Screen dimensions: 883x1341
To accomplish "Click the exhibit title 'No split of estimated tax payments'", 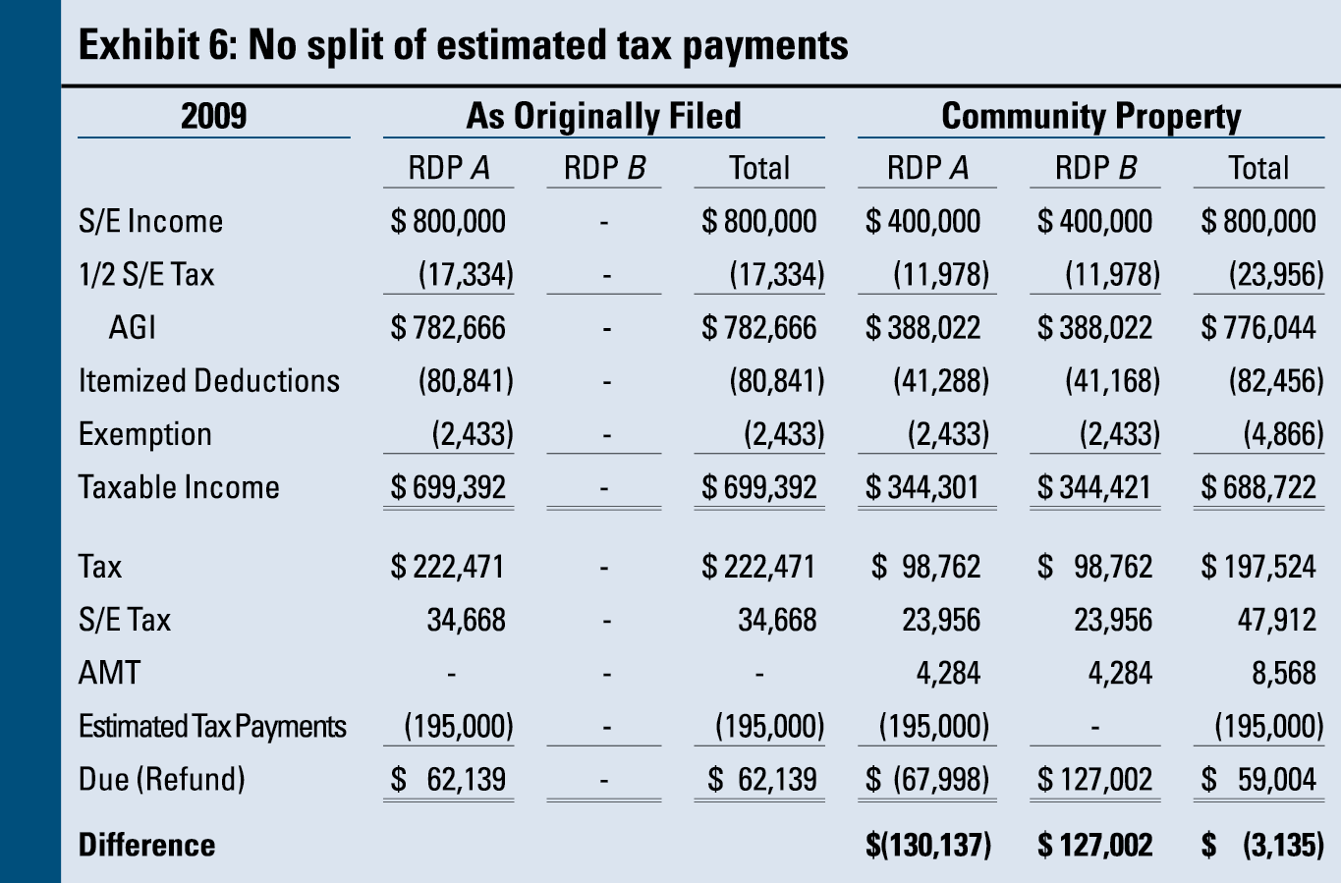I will pos(463,45).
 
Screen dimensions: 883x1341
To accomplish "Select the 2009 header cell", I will pos(213,116).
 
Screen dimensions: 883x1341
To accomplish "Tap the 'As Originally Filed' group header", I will pos(603,116).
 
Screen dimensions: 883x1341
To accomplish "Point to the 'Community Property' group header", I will pos(1090,116).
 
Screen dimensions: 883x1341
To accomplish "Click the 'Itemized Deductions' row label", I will pos(208,381).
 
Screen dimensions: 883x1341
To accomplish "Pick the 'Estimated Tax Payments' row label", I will pos(212,727).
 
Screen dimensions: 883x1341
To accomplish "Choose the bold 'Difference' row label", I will pos(146,845).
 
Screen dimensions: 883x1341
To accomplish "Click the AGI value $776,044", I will pos(1258,328).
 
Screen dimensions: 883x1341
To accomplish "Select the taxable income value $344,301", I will pos(922,487).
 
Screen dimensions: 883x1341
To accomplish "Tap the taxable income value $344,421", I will pos(1094,487).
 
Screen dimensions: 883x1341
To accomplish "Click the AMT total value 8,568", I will pos(1283,673).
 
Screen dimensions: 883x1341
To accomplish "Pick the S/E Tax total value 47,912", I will pos(1276,620).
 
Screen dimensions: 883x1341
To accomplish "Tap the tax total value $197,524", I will pos(1258,567).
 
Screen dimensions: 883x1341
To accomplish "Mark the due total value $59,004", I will pos(1258,780).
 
